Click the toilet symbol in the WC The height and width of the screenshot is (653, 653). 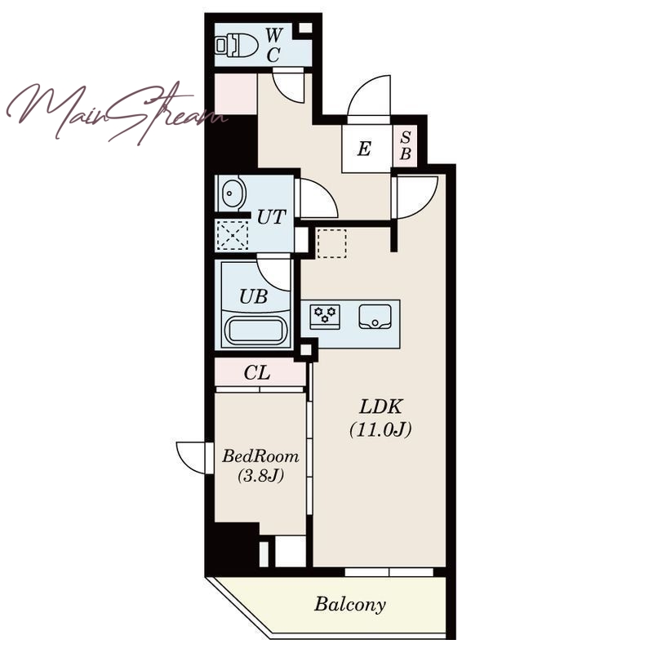[236, 45]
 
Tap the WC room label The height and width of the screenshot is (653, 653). [273, 45]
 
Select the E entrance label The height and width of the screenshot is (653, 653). [364, 149]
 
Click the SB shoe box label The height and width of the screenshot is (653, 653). [405, 146]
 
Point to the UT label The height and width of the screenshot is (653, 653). [272, 217]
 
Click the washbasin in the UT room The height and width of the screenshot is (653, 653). [232, 193]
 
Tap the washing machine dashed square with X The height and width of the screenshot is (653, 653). [233, 235]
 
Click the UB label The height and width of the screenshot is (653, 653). [253, 296]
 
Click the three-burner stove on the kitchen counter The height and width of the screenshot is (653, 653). [325, 317]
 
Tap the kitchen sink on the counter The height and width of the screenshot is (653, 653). [375, 317]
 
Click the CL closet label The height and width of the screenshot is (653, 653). [257, 373]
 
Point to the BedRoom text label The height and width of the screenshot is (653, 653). [260, 456]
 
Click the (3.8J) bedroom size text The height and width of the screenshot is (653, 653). [260, 475]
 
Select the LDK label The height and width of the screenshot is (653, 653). [380, 406]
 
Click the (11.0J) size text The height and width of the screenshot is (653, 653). [380, 429]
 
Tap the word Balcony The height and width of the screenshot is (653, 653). [350, 605]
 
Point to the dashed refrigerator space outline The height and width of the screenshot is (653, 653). [331, 243]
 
